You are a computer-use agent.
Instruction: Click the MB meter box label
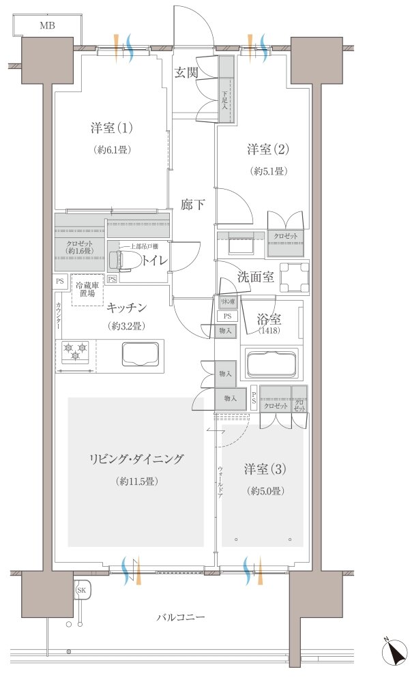coord(47,27)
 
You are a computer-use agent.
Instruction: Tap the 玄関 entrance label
coord(186,73)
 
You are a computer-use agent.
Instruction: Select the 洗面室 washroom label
coord(256,277)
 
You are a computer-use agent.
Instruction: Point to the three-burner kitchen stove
coord(74,352)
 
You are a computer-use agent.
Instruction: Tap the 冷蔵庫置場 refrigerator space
coord(86,289)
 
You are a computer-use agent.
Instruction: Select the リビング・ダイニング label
coord(135,459)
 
